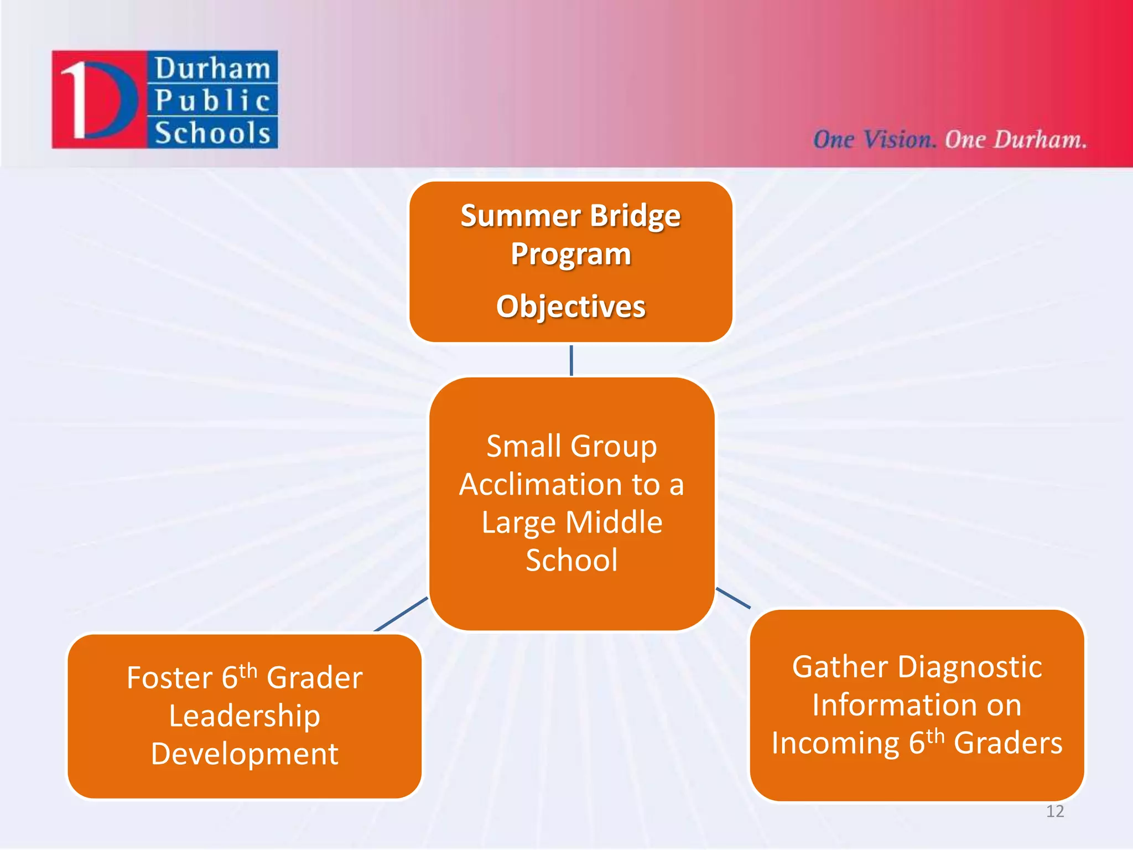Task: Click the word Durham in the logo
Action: tap(212, 69)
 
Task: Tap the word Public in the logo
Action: tap(212, 101)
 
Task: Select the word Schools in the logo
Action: tap(212, 133)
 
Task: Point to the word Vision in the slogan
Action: tap(898, 139)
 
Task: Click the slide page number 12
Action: tap(1055, 812)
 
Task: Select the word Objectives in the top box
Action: tap(570, 307)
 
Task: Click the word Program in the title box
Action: tap(570, 254)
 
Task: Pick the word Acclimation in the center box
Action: tap(559, 485)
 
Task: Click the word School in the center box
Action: tap(571, 560)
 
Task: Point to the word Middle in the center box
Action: tap(614, 522)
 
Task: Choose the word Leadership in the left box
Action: tap(244, 716)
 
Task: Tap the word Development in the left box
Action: tap(244, 754)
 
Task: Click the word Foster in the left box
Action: tap(169, 678)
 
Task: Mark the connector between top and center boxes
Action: tap(571, 360)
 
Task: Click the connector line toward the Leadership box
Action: tap(401, 614)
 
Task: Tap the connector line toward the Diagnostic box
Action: tap(733, 598)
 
